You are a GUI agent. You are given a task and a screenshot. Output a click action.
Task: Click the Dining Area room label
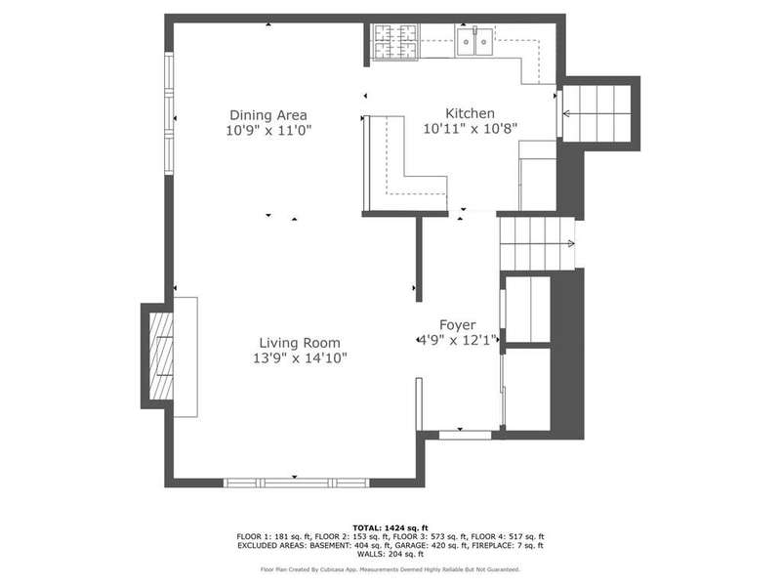(x=268, y=115)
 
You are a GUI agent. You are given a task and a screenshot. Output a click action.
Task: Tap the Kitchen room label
(x=470, y=113)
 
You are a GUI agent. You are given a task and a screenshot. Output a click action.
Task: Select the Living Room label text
(x=300, y=343)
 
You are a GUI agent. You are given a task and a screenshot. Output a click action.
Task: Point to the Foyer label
(x=457, y=325)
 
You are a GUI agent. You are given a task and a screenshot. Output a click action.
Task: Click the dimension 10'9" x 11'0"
(x=268, y=131)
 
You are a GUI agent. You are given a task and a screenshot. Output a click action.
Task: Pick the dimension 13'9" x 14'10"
(x=300, y=357)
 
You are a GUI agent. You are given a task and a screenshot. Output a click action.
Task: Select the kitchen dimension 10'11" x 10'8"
(x=471, y=129)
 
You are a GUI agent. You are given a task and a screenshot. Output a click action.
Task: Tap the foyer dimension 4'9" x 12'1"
(x=458, y=340)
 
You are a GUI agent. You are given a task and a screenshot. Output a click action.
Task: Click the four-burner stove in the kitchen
(x=395, y=42)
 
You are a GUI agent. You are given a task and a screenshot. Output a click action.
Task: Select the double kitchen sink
(x=474, y=42)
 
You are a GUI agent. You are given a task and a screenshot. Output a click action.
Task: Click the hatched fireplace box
(x=161, y=356)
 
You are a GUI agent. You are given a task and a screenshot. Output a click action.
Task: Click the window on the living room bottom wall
(x=297, y=482)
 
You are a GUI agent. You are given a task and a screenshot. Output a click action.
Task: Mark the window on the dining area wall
(x=169, y=113)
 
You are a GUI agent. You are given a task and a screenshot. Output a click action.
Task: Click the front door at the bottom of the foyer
(x=466, y=435)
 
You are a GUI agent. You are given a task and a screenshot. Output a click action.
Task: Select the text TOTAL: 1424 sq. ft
(x=390, y=527)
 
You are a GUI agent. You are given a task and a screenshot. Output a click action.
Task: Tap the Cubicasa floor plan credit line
(x=390, y=569)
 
